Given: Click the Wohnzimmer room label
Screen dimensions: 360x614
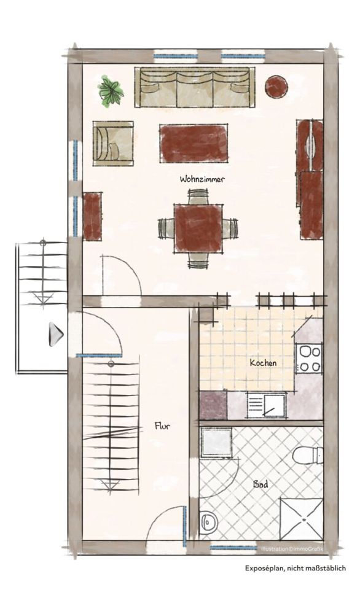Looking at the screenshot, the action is coord(202,179).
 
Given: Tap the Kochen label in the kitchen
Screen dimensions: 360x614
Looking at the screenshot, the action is coord(264,363).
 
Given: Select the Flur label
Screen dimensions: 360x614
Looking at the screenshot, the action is coord(162,426).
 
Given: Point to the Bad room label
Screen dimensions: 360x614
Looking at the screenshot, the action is coord(260,484).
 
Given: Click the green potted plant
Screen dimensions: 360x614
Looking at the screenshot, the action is coord(111,91).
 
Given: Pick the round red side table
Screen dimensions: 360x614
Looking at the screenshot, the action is coord(276,86).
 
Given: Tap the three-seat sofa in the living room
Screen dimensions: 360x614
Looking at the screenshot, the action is coord(195,87).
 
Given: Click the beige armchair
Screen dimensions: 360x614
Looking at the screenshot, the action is coord(113,143).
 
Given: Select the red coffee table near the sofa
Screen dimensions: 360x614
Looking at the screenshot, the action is coord(194,143).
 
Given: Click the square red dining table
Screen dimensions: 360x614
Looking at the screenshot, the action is coord(198,228).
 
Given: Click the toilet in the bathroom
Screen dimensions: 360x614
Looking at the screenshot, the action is coord(308,455).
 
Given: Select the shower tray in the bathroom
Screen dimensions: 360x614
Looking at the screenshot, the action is coord(301,519).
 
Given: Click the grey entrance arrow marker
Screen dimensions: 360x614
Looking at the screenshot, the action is coord(56,334).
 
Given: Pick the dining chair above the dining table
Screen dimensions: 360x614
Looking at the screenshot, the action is coord(198,196).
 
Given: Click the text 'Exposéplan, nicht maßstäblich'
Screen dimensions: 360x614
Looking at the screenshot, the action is coord(295,568).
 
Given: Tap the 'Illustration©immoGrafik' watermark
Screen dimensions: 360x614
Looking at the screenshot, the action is coord(292,549).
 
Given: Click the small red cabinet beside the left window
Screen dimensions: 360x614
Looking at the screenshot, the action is coord(92,216).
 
